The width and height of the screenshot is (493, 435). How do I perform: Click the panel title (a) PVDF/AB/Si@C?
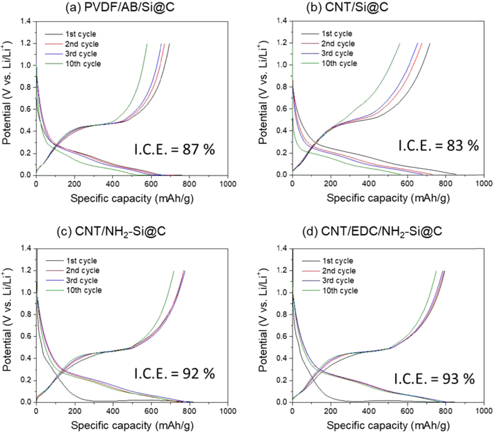120,7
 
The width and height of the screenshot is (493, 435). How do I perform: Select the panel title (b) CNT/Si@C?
347,7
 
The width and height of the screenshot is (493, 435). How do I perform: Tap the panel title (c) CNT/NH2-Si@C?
111,231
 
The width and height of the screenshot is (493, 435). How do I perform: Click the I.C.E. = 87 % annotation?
174,150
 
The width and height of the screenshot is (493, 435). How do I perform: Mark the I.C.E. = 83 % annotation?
438,146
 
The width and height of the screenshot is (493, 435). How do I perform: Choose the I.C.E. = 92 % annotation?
174,374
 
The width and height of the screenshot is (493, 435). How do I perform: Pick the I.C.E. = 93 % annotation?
434,379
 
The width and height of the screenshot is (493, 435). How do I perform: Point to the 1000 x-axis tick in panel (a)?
228,184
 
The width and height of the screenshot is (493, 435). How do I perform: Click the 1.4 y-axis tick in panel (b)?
283,21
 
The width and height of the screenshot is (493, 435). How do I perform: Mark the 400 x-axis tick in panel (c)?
113,411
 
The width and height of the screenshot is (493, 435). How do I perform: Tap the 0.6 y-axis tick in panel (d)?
283,336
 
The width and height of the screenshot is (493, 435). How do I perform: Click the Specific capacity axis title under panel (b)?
388,198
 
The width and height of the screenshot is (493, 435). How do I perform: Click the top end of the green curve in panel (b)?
400,43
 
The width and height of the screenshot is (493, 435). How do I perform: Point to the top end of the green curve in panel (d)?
436,271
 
